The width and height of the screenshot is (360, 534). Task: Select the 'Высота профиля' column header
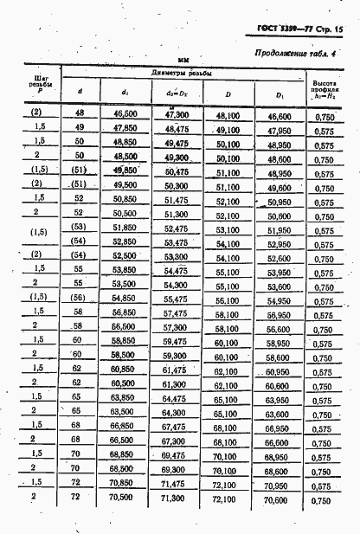point(325,87)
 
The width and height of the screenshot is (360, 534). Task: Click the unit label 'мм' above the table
point(183,61)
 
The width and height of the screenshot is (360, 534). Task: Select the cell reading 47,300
point(177,113)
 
